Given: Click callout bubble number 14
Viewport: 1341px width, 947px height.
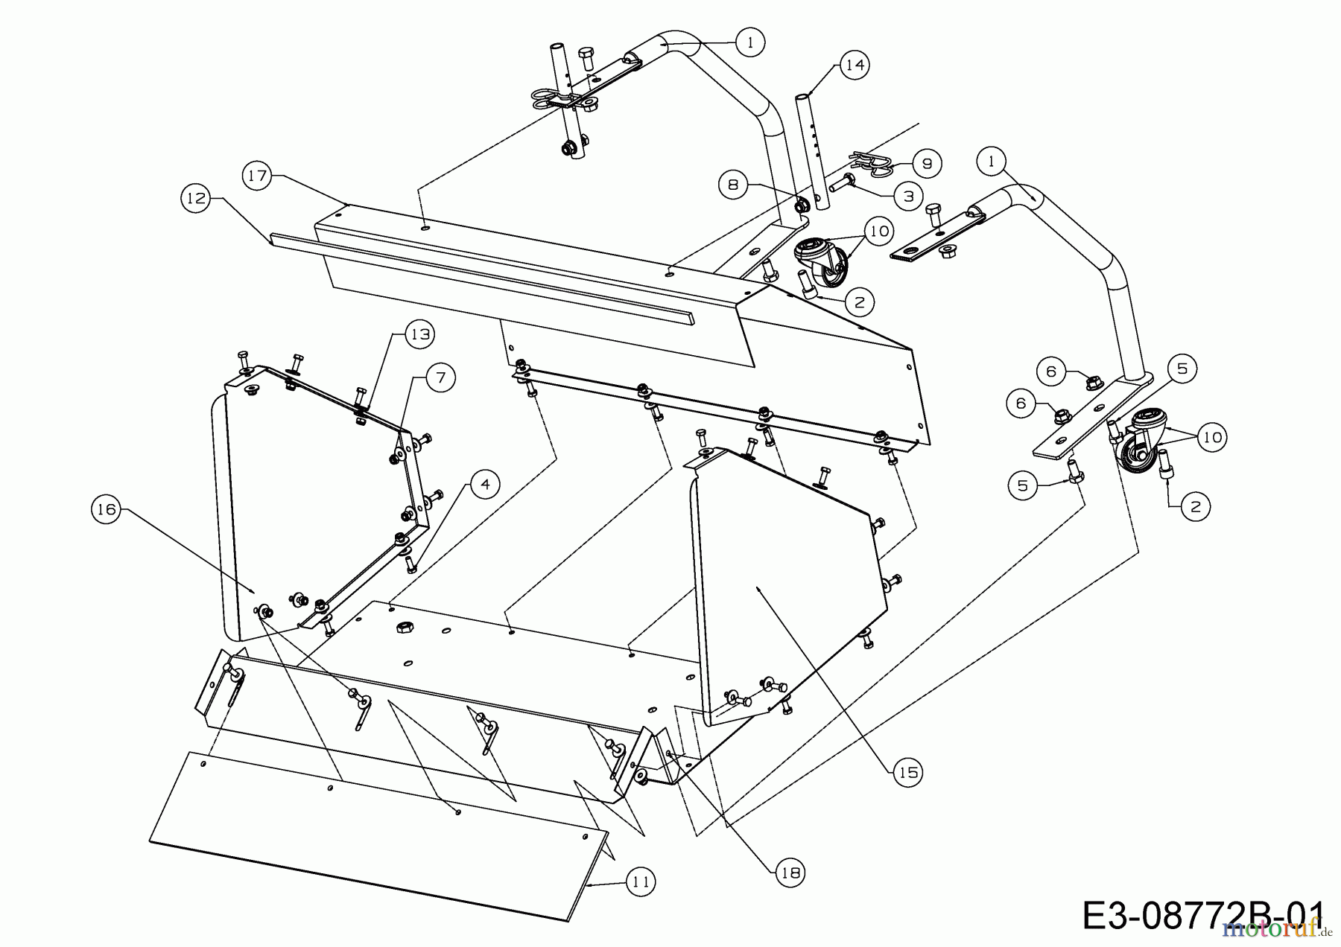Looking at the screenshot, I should pos(855,66).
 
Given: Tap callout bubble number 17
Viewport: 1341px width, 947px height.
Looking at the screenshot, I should pos(257,176).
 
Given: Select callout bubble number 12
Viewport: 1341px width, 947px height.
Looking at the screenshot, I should pos(195,199).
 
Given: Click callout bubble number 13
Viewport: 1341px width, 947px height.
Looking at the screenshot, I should pos(420,334).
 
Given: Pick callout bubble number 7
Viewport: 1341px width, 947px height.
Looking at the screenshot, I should pos(440,378).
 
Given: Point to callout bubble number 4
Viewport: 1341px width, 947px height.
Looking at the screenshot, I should pos(485,485).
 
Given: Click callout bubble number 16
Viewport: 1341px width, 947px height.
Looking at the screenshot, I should pos(106,509).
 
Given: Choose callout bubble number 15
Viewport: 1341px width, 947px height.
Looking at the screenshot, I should pos(908,773).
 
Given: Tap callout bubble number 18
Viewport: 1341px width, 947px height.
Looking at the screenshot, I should pos(790,872).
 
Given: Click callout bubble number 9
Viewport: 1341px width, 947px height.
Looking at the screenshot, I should pos(928,163).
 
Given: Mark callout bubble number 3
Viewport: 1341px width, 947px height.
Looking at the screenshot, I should pos(908,196).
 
